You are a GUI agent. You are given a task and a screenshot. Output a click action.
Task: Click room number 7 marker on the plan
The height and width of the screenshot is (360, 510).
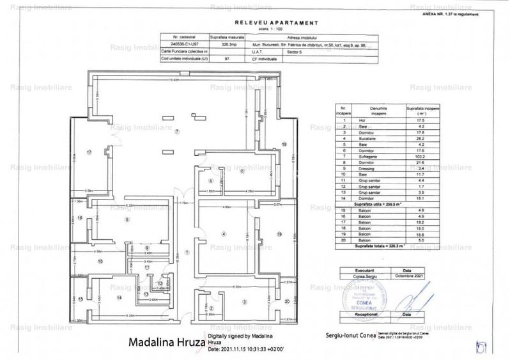[x=176, y=130]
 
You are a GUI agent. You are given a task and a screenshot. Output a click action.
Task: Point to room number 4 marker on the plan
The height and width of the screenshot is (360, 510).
[x=223, y=235]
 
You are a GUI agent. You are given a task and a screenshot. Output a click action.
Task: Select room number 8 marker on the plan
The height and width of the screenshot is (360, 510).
[x=127, y=220]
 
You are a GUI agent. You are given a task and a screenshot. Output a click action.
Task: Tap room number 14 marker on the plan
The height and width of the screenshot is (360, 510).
[x=119, y=297]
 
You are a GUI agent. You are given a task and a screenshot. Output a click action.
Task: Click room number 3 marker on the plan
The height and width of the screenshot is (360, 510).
[x=243, y=301]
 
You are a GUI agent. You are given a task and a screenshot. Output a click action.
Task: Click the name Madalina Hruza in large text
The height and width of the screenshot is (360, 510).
[x=166, y=341]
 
